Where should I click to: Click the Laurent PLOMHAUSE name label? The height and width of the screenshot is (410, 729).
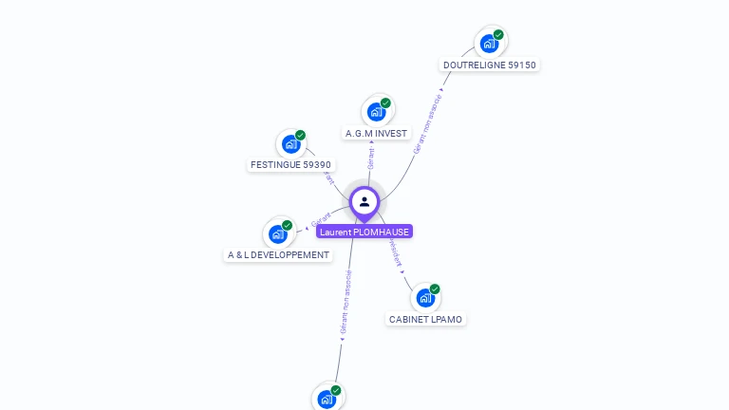pyautogui.click(x=364, y=232)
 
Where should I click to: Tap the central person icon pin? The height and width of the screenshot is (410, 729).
pyautogui.click(x=364, y=201)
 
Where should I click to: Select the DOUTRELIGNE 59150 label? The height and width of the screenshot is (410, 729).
pyautogui.click(x=490, y=65)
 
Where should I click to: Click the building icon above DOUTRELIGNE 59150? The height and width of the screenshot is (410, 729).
pyautogui.click(x=489, y=44)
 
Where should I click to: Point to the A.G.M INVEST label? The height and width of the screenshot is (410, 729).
pyautogui.click(x=376, y=134)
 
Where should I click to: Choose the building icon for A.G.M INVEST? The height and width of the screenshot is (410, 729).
pyautogui.click(x=376, y=112)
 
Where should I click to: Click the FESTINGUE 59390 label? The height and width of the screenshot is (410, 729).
pyautogui.click(x=290, y=165)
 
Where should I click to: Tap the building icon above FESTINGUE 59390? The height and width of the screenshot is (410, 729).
pyautogui.click(x=290, y=145)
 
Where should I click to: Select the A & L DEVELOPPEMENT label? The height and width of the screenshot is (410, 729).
pyautogui.click(x=279, y=255)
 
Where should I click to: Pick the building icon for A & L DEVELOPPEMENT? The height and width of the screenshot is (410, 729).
pyautogui.click(x=277, y=233)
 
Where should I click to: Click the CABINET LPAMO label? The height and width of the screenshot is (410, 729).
pyautogui.click(x=425, y=320)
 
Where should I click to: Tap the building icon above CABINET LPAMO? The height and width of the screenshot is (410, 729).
pyautogui.click(x=425, y=298)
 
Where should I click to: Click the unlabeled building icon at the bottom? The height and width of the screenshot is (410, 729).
pyautogui.click(x=327, y=400)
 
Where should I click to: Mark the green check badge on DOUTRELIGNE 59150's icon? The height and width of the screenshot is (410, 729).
pyautogui.click(x=498, y=35)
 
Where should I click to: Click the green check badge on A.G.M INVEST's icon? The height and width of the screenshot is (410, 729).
pyautogui.click(x=385, y=102)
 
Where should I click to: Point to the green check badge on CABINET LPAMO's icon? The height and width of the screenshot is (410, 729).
pyautogui.click(x=435, y=289)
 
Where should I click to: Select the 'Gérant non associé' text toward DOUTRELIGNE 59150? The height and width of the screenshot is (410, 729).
pyautogui.click(x=428, y=123)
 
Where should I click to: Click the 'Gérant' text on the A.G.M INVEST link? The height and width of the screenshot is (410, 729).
pyautogui.click(x=371, y=158)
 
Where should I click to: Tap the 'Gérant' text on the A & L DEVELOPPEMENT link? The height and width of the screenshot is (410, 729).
pyautogui.click(x=321, y=221)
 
